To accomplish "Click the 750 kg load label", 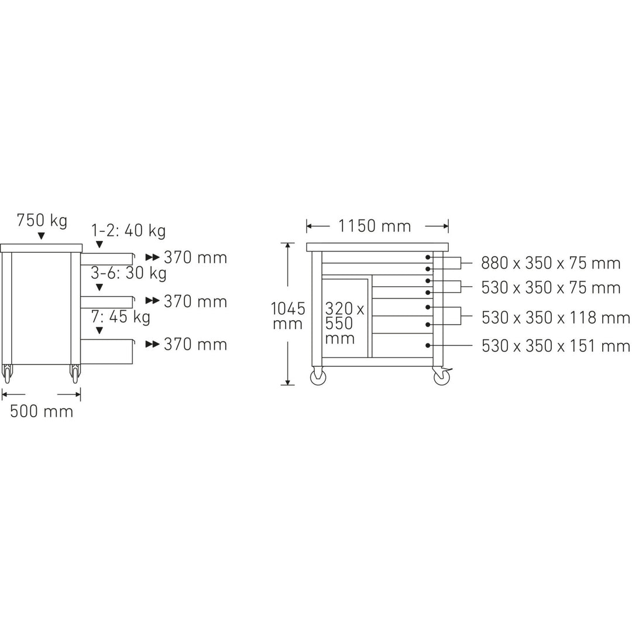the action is [x=42, y=221].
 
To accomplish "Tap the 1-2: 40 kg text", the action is [x=128, y=231].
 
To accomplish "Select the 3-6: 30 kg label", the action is [x=129, y=273].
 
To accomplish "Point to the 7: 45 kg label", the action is [x=121, y=317].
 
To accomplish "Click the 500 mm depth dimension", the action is [x=42, y=411].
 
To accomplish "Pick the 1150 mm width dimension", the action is [x=375, y=226].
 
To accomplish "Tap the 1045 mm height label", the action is [x=288, y=317].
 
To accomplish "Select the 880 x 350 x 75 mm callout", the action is [x=551, y=263].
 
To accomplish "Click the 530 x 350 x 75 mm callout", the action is [x=551, y=288].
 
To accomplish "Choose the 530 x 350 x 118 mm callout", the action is [x=555, y=318].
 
